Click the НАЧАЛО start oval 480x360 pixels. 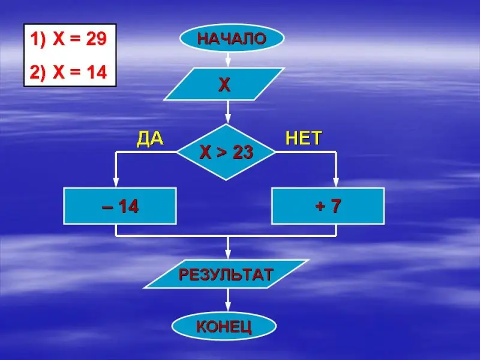(232, 39)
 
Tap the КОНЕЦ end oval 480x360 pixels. (224, 326)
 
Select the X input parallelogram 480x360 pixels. (224, 84)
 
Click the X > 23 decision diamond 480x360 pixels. (226, 152)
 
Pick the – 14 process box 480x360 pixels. (120, 206)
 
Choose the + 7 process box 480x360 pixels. (328, 206)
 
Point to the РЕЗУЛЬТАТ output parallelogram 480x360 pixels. (226, 274)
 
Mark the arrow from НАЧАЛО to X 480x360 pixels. (228, 60)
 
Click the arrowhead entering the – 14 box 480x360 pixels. (116, 182)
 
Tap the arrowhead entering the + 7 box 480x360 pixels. (336, 182)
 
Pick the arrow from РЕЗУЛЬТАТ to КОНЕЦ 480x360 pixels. (228, 302)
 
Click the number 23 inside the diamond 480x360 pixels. (242, 153)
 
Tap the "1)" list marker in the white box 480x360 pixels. (37, 41)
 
